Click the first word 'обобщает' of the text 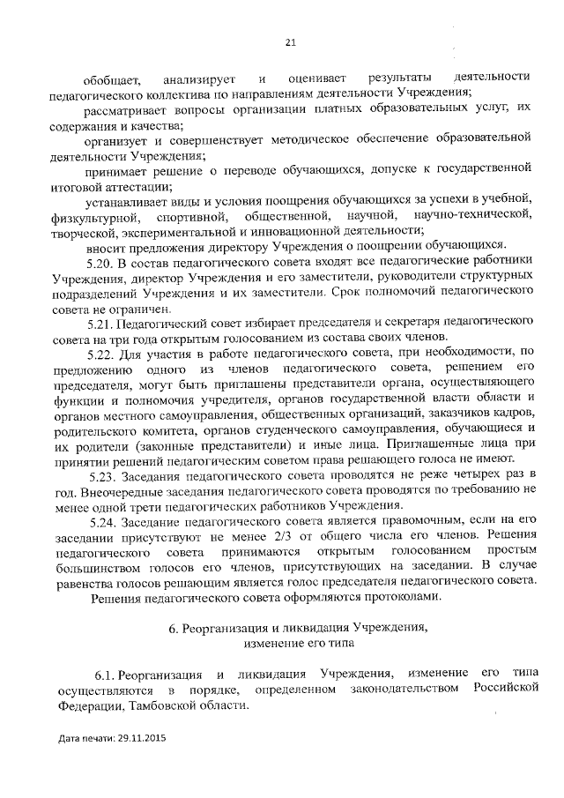[108, 77]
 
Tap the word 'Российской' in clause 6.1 [505, 690]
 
